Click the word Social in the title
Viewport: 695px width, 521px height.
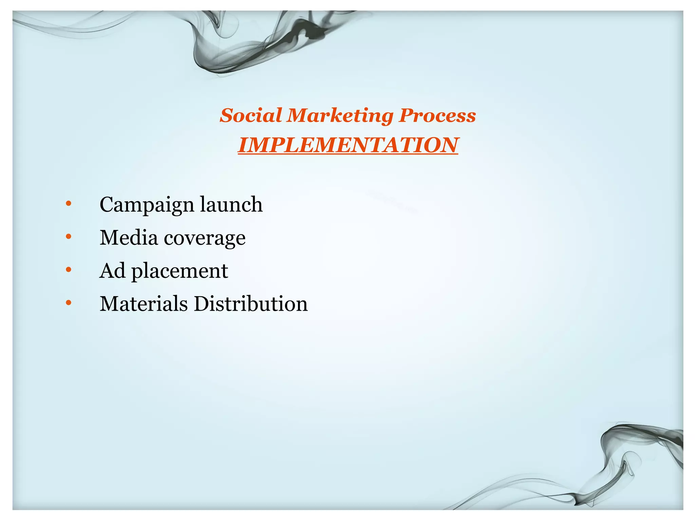251,115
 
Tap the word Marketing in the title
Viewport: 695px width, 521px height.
340,116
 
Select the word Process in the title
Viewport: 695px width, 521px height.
437,116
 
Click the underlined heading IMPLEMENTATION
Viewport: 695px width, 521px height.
348,145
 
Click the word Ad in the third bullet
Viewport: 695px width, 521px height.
112,270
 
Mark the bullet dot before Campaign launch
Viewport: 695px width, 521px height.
69,204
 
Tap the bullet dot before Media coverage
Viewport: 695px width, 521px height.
69,236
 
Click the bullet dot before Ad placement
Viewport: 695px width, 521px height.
69,270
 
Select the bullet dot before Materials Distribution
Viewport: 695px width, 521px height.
69,303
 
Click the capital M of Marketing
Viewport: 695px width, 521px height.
298,115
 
